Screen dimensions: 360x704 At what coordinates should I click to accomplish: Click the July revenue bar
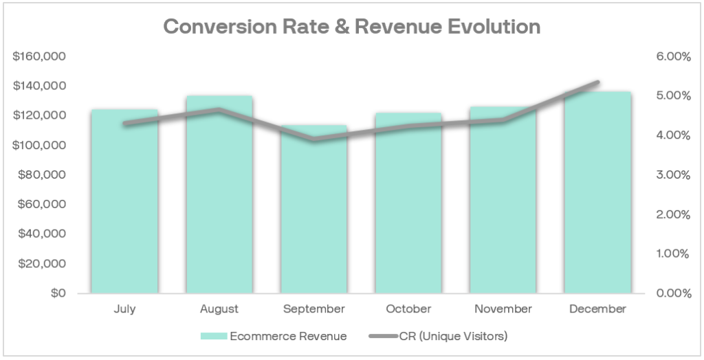[124, 206]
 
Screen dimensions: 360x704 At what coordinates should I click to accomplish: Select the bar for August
[219, 199]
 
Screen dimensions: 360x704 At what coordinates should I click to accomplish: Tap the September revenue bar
[314, 213]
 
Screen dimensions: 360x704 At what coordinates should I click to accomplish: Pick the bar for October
[408, 206]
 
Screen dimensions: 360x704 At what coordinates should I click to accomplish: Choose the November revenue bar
[503, 206]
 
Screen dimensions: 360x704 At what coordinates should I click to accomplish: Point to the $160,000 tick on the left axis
[39, 56]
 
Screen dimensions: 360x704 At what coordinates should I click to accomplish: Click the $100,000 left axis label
[39, 145]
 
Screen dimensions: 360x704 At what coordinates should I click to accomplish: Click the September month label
[314, 309]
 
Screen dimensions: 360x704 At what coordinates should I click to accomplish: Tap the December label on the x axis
[597, 309]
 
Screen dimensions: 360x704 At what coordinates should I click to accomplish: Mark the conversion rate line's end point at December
[597, 82]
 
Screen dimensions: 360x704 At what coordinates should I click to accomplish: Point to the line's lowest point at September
[314, 139]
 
